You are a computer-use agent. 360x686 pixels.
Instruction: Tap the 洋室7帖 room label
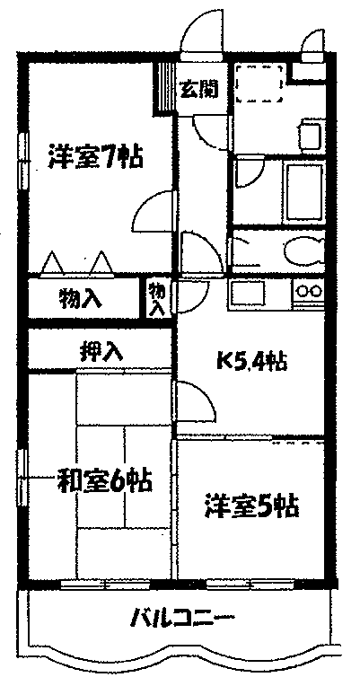click(x=95, y=156)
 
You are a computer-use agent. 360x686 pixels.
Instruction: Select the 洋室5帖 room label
click(x=251, y=506)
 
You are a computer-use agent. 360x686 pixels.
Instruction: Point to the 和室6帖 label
click(x=104, y=480)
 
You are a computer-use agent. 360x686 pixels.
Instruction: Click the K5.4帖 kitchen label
click(x=251, y=361)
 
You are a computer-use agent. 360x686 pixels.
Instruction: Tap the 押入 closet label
click(x=101, y=350)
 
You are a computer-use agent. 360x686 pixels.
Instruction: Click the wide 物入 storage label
click(x=81, y=299)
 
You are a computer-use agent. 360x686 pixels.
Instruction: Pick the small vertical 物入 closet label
click(x=157, y=299)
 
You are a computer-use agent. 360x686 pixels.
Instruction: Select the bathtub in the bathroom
click(x=303, y=191)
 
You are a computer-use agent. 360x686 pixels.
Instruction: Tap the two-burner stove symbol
click(x=309, y=291)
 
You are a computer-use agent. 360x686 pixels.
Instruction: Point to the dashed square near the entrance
click(x=259, y=84)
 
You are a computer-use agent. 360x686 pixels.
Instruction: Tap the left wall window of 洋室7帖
click(x=22, y=160)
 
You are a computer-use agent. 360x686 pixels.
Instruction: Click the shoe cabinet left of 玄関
click(x=166, y=87)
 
